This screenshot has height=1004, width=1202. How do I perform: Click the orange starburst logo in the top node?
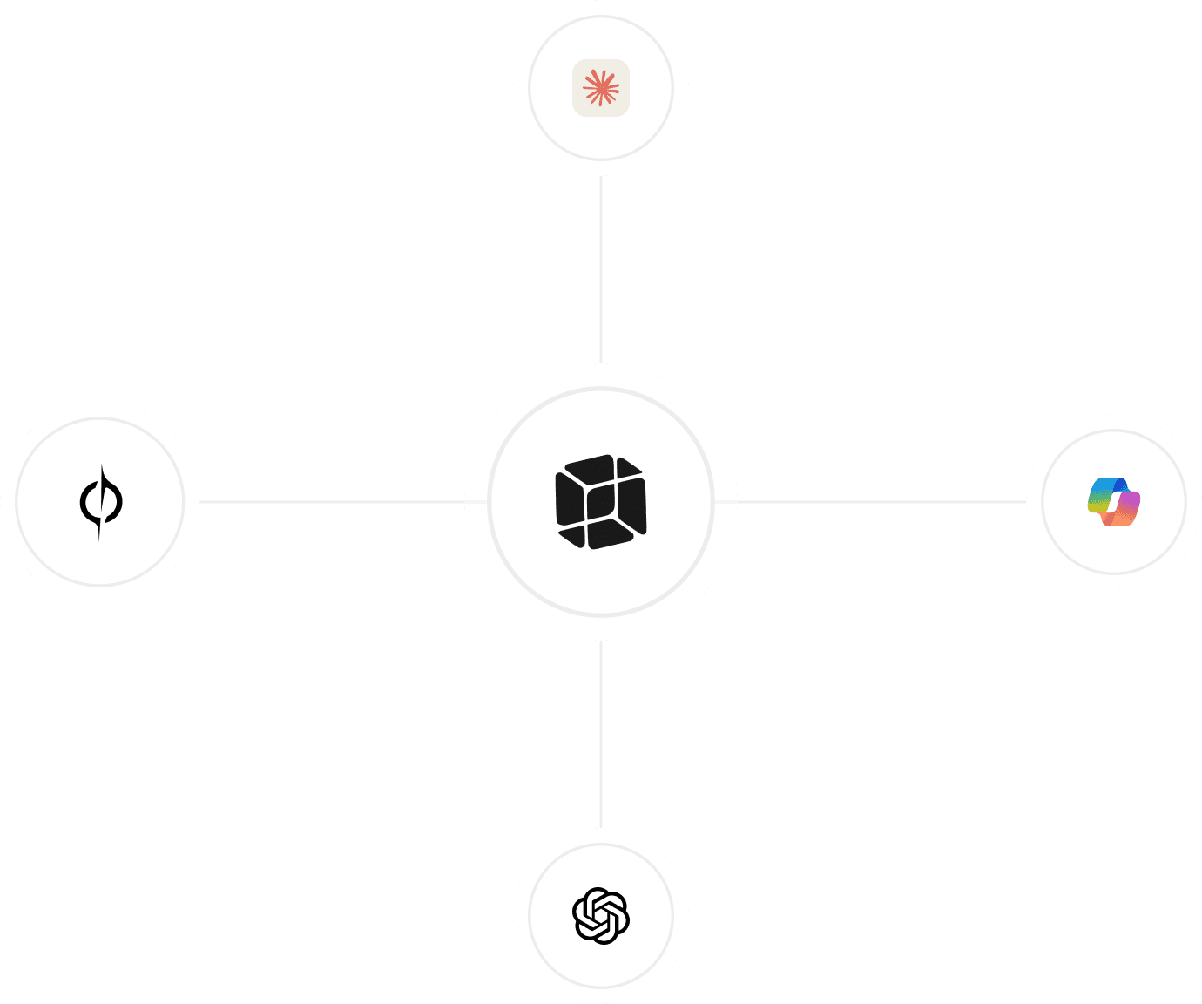(x=601, y=87)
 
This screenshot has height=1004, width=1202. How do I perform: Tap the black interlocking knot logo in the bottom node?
(x=601, y=915)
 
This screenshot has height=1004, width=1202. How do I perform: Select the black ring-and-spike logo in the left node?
(x=100, y=502)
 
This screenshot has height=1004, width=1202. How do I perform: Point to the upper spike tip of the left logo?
(x=103, y=467)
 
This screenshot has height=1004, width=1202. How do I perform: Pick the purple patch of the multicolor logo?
(x=1130, y=503)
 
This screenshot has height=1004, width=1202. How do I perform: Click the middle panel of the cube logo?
(x=600, y=502)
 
